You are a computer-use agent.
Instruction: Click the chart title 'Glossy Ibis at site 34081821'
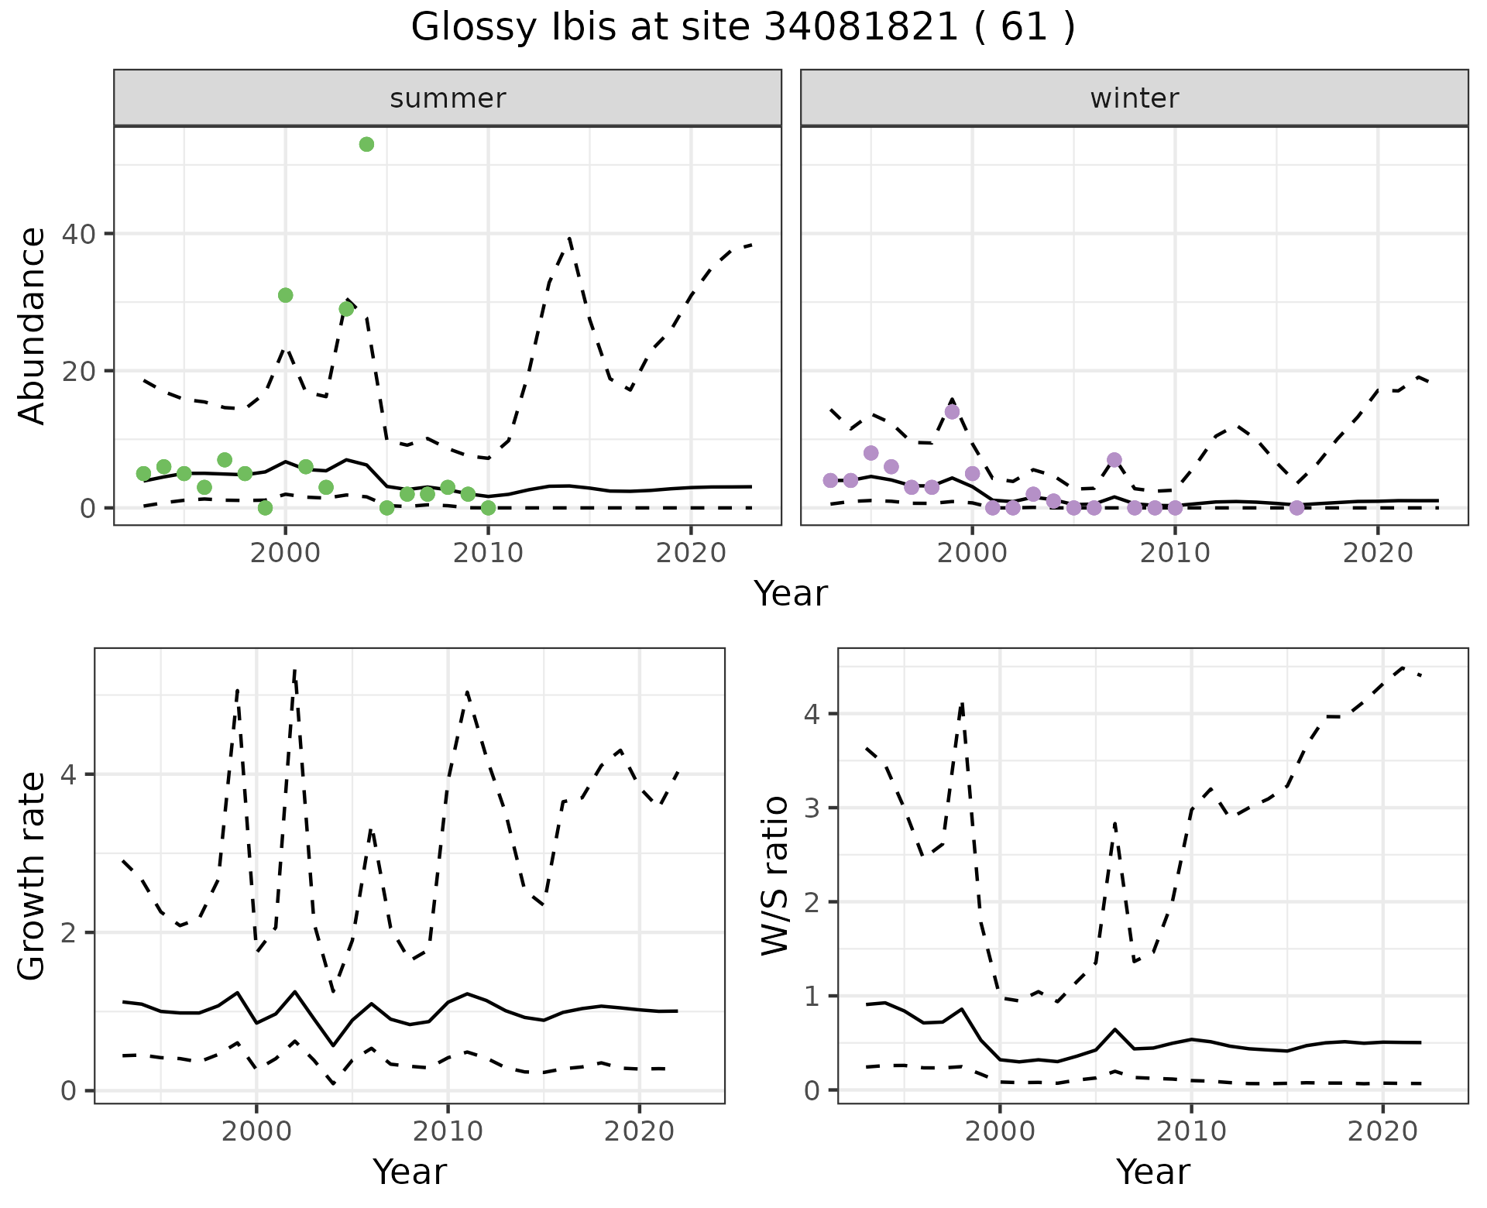tap(742, 28)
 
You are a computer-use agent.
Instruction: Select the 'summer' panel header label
tap(448, 98)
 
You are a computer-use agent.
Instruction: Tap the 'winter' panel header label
tap(1134, 98)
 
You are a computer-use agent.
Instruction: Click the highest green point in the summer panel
tap(367, 145)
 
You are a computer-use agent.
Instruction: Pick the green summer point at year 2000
tap(285, 295)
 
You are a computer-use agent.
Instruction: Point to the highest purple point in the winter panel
tap(952, 412)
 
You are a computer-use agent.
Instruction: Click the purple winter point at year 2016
tap(1296, 508)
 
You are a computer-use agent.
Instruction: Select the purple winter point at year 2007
tap(1114, 460)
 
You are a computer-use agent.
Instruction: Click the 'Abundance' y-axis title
tap(33, 326)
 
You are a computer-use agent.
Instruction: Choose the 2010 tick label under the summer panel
tap(488, 554)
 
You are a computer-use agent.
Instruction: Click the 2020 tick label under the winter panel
tap(1377, 554)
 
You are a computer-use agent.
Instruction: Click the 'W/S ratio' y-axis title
tap(774, 876)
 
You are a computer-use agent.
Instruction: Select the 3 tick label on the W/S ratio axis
tap(812, 808)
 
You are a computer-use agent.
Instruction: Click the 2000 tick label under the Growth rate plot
tap(256, 1131)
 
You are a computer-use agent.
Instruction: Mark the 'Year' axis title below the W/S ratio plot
tap(1152, 1172)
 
